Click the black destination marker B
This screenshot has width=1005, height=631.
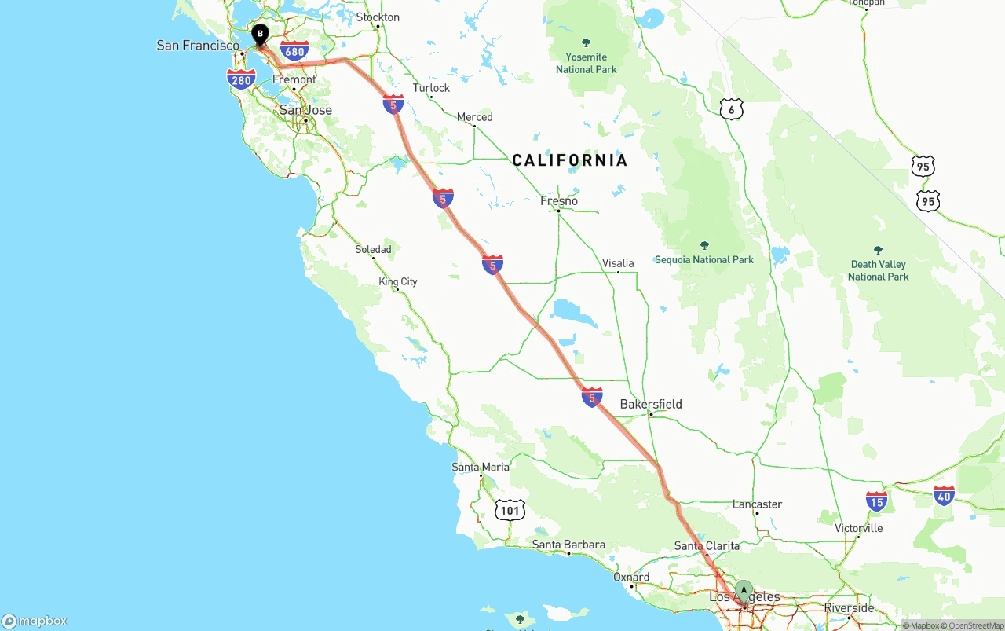click(260, 35)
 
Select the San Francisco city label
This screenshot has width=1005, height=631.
click(198, 46)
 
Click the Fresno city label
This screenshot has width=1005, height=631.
click(559, 201)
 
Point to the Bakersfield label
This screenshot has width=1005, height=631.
click(651, 405)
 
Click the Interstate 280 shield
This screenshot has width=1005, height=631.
click(241, 79)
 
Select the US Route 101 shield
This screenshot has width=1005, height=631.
click(510, 511)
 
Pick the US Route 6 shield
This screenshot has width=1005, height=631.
click(731, 110)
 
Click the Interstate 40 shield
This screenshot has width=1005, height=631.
click(944, 496)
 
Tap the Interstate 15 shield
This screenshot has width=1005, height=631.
click(877, 501)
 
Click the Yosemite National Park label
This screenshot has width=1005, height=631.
click(587, 63)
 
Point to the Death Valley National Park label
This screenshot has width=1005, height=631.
click(878, 270)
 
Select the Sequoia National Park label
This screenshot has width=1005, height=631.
click(704, 259)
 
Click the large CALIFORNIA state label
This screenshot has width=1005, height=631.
click(570, 160)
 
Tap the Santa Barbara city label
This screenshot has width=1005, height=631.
click(568, 545)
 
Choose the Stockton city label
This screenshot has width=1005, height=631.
click(378, 17)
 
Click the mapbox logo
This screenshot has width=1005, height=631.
click(35, 621)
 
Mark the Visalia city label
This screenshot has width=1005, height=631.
click(618, 263)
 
